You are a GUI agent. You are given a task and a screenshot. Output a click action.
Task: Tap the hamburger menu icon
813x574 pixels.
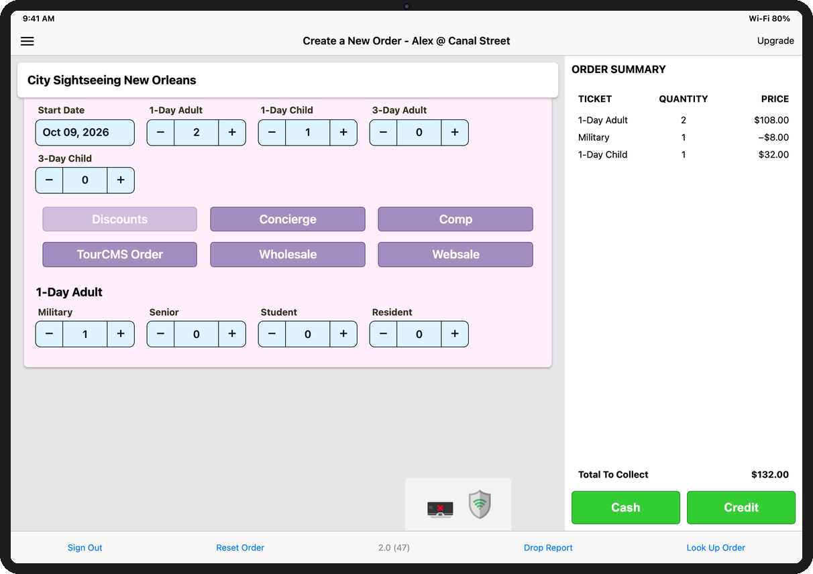pos(28,41)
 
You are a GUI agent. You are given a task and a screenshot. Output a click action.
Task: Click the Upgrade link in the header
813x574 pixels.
pos(775,41)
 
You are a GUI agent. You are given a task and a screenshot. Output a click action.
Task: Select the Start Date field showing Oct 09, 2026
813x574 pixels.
pos(85,132)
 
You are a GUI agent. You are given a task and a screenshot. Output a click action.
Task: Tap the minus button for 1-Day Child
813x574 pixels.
pos(272,132)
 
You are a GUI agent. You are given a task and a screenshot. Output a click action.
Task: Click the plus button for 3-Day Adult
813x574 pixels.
pos(454,132)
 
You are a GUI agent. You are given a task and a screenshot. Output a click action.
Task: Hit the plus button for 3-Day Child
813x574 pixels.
pos(121,180)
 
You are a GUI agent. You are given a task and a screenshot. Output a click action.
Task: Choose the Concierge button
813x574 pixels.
pos(288,219)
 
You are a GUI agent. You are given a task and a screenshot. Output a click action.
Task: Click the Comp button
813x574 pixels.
pos(455,219)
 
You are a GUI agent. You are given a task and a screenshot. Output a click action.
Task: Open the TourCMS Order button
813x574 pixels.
pos(120,254)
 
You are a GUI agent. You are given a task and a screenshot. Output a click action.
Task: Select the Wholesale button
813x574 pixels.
pos(288,254)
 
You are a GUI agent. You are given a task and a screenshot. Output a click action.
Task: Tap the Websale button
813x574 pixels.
pos(455,254)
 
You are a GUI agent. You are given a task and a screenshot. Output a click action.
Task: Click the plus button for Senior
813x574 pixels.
pos(232,334)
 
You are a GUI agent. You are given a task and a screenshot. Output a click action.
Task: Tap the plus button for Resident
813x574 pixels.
pos(454,334)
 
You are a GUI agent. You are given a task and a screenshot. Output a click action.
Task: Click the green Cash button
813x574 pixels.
pos(625,507)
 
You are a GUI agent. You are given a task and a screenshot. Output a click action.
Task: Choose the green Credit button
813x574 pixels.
pos(741,507)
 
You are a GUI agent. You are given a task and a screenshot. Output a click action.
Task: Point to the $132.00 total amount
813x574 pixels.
pos(769,475)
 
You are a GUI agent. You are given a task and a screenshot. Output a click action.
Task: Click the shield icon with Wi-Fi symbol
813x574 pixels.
pos(480,504)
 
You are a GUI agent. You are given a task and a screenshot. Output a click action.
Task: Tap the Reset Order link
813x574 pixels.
pos(240,548)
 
